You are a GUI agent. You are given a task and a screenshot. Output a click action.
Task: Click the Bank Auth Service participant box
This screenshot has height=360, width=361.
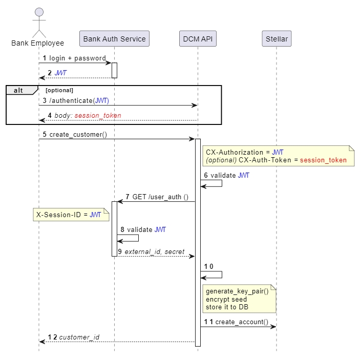click(x=114, y=39)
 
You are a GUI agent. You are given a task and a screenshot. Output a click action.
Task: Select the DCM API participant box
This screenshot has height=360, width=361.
click(x=198, y=39)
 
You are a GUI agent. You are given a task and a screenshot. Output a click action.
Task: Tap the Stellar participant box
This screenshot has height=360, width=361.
click(x=277, y=39)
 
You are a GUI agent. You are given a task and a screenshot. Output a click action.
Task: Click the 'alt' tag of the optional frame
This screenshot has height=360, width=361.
click(x=18, y=90)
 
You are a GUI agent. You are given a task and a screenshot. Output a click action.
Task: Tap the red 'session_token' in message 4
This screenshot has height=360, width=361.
click(x=98, y=116)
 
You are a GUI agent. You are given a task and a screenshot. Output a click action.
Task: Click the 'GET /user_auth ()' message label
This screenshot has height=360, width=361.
click(x=160, y=197)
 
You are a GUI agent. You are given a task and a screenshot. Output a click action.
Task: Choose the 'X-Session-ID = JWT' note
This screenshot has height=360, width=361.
click(x=69, y=215)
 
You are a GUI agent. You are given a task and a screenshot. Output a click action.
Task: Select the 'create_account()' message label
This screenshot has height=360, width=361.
click(x=241, y=322)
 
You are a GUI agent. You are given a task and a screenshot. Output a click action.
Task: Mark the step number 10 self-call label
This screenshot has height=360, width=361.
click(x=208, y=267)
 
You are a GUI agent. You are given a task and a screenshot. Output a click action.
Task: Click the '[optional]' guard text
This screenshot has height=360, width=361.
click(x=59, y=90)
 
